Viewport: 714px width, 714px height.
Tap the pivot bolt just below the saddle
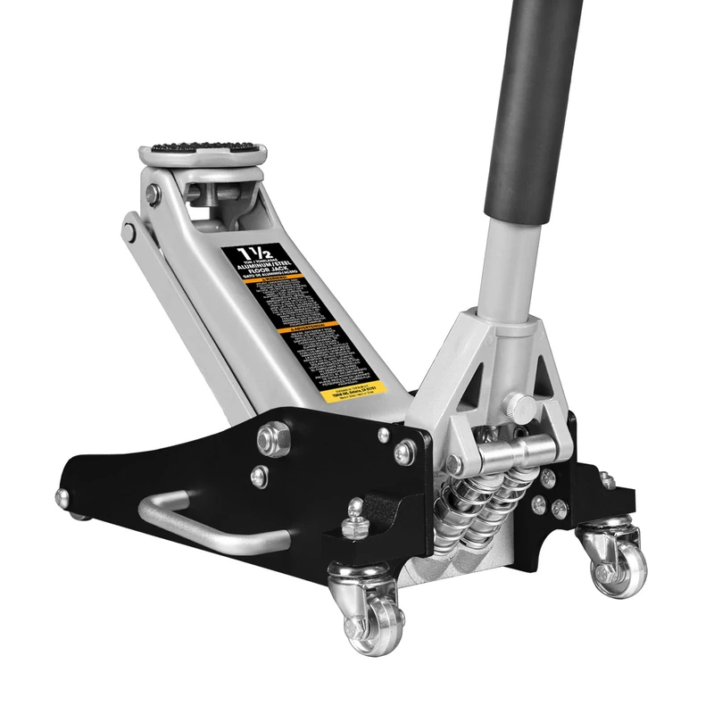click(155, 194)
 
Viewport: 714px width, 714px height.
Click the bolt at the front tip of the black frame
click(62, 496)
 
